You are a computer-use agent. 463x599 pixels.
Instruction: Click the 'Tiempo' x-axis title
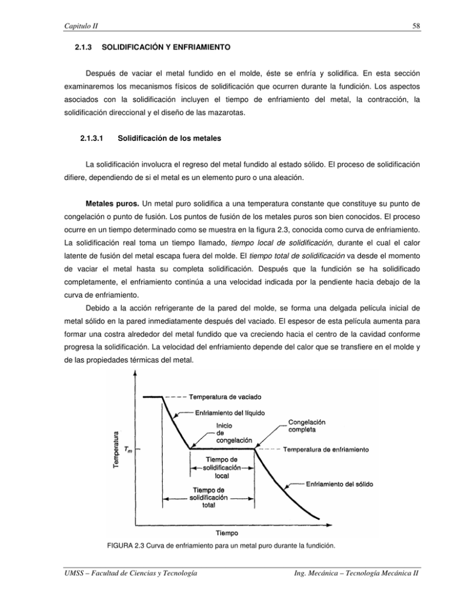233,533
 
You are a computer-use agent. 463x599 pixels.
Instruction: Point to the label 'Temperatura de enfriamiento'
326,449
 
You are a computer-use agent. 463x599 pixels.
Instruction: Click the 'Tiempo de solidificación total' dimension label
209,498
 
